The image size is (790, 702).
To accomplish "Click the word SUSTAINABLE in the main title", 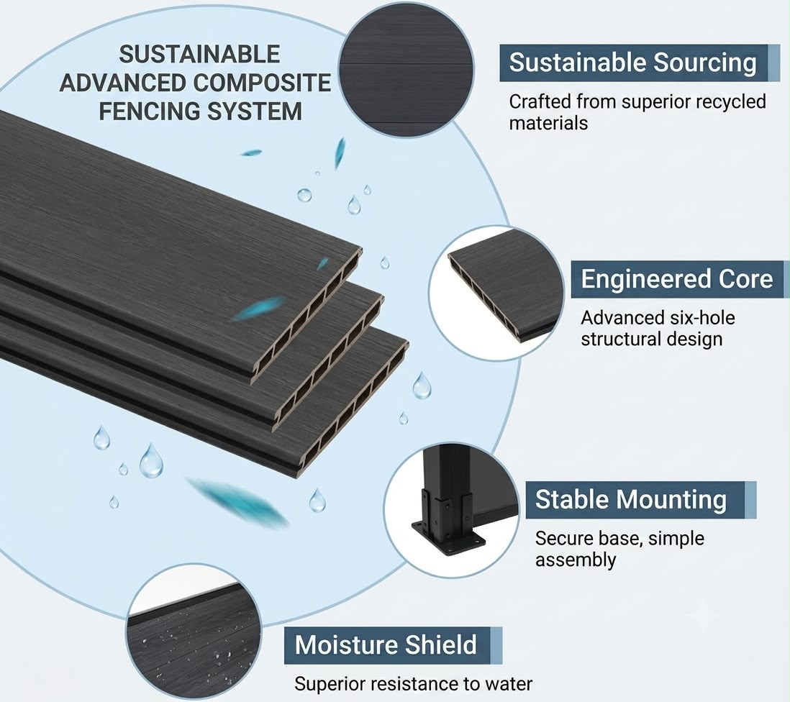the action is [x=199, y=55].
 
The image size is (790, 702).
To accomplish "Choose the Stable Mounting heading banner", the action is [x=641, y=500].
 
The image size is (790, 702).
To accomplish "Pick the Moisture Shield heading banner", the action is [x=393, y=645].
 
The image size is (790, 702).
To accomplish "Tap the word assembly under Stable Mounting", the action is [x=576, y=560].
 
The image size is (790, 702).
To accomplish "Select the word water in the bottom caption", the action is [x=509, y=684].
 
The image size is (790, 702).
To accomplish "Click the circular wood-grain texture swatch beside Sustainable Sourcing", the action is [x=406, y=69].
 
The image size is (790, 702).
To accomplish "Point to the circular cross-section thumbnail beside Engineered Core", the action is [x=497, y=293].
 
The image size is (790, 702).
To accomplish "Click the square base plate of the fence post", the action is [x=448, y=538].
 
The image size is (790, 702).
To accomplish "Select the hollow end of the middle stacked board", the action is [x=330, y=363].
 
